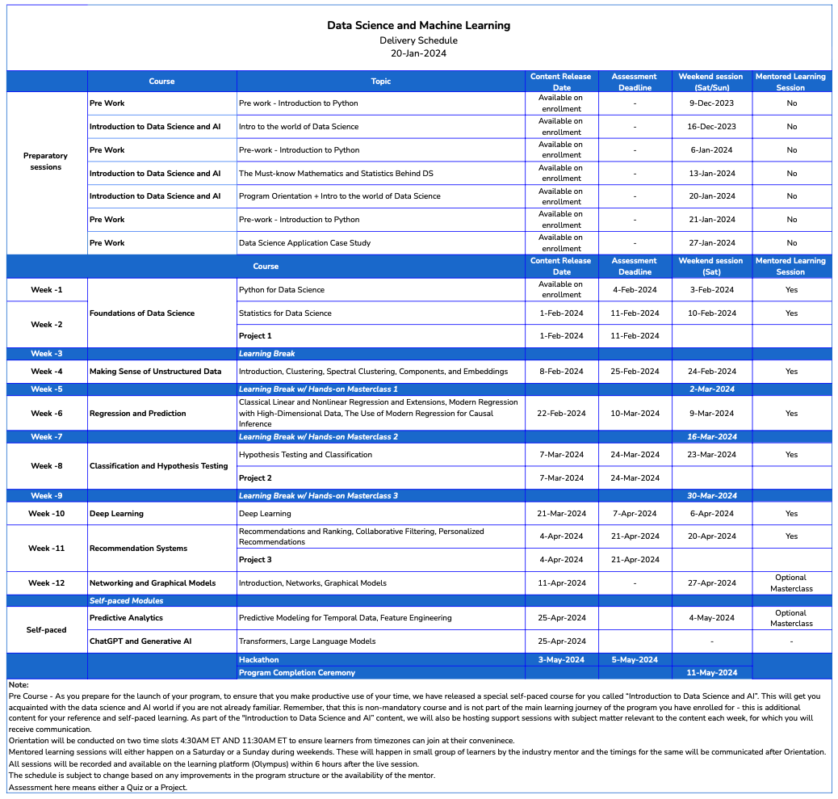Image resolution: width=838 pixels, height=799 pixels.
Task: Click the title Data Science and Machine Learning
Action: pos(418,26)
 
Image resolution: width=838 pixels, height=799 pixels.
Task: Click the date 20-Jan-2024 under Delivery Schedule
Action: pos(418,54)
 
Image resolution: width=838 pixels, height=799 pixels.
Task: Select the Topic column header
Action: pos(380,82)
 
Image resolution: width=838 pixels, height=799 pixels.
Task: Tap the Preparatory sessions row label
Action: pos(46,162)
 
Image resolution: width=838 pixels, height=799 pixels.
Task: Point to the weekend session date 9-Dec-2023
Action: pos(712,103)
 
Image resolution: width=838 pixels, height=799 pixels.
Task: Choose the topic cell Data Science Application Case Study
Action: pos(304,243)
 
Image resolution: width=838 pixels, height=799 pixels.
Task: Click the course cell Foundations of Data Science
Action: pos(142,313)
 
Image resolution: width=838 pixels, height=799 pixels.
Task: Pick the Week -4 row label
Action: pos(47,372)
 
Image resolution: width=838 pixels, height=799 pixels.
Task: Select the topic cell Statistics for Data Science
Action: pos(285,313)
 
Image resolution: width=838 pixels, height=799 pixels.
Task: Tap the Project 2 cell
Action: pos(255,478)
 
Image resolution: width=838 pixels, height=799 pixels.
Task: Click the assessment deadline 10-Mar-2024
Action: pos(635,414)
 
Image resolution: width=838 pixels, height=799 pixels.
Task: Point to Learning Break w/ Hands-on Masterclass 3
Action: pos(318,496)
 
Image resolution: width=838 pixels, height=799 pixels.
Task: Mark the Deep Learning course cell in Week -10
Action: pos(116,514)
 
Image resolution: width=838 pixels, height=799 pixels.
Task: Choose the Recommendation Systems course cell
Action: pos(138,549)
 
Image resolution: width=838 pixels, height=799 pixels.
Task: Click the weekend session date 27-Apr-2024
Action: pos(711,583)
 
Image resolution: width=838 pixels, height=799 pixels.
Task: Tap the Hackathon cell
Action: pos(258,660)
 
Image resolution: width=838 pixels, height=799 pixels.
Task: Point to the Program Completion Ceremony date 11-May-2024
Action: pos(711,673)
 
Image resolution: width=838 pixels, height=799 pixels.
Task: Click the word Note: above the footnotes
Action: pos(19,685)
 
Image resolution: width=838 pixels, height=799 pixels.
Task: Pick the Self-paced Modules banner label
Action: pos(126,601)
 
